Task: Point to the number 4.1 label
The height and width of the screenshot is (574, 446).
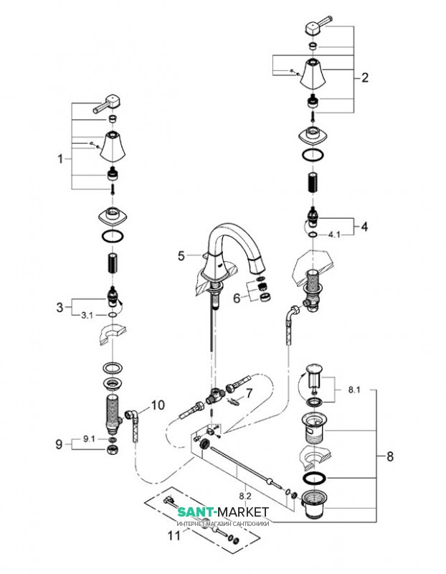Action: (x=335, y=233)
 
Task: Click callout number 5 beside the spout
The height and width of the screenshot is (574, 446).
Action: (x=181, y=254)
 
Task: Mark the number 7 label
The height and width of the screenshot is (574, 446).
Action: (x=249, y=392)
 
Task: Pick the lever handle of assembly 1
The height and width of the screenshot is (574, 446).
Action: (x=108, y=102)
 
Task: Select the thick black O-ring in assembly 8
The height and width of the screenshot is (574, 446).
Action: (x=314, y=477)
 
